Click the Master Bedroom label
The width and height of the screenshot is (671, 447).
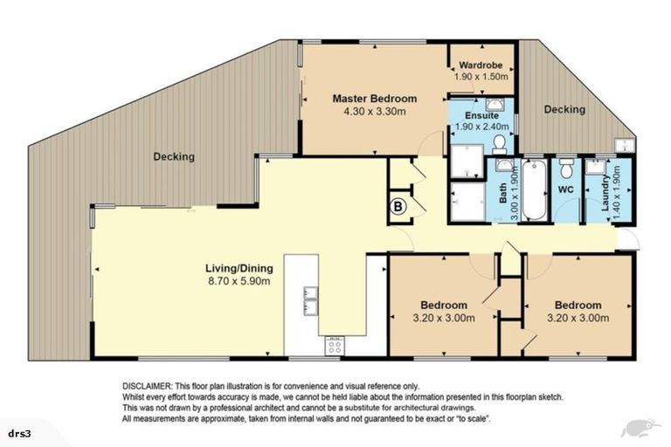pos(375,99)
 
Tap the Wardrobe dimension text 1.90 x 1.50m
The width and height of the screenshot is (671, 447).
pos(481,77)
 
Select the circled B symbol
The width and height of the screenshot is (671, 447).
pos(398,207)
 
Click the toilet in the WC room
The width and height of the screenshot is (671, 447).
pos(566,168)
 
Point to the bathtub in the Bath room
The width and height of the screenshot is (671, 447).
pos(534,190)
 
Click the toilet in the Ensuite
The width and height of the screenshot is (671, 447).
pos(499,145)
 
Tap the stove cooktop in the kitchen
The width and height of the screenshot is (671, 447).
pos(335,346)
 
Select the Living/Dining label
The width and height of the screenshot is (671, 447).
pos(239,268)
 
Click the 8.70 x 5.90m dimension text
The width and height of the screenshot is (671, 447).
pos(239,281)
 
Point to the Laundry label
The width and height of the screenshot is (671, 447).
pos(605,192)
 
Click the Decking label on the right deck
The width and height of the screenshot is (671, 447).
pos(564,109)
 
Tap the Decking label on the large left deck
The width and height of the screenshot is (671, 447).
pos(174,156)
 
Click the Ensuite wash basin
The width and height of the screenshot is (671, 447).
pos(495,105)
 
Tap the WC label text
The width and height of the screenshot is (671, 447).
pos(566,189)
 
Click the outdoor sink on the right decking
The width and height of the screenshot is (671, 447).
pos(626,146)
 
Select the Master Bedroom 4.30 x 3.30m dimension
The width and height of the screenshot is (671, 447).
pos(375,112)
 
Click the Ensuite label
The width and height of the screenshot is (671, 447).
pos(481,115)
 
